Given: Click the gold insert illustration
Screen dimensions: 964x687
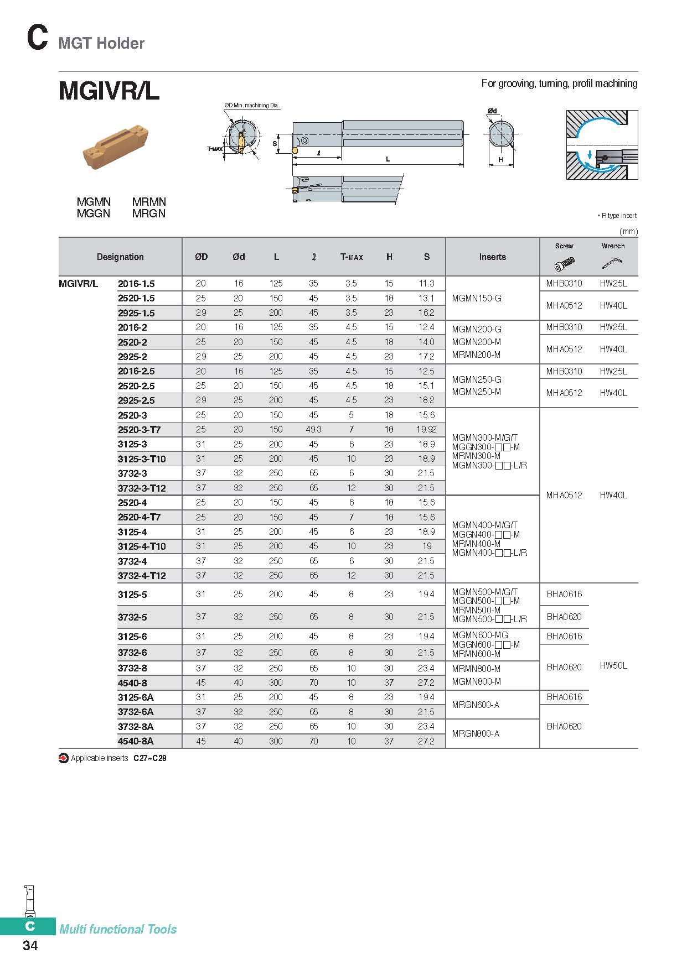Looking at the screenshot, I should pyautogui.click(x=116, y=146).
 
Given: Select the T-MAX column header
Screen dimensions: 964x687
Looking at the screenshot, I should pyautogui.click(x=352, y=257).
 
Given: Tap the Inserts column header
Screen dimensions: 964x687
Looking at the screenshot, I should pyautogui.click(x=492, y=257).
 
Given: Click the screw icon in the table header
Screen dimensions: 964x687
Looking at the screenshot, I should pyautogui.click(x=564, y=263).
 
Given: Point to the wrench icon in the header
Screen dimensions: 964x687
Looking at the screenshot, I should pyautogui.click(x=612, y=263).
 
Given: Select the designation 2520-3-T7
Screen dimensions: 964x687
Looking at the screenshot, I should pyautogui.click(x=139, y=430).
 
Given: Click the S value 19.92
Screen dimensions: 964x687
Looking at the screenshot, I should pyautogui.click(x=426, y=430).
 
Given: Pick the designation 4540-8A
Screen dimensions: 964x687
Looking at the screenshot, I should pyautogui.click(x=136, y=741).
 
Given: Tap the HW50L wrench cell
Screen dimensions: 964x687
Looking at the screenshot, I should pyautogui.click(x=613, y=666).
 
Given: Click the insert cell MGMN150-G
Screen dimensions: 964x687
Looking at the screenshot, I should pyautogui.click(x=477, y=299).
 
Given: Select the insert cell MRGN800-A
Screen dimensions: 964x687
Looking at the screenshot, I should pyautogui.click(x=476, y=734).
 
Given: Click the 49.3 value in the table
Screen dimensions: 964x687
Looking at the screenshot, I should pyautogui.click(x=313, y=430).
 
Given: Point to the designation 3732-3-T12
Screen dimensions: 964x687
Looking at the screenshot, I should pyautogui.click(x=142, y=488).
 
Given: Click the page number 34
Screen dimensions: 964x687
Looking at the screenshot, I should pyautogui.click(x=30, y=946).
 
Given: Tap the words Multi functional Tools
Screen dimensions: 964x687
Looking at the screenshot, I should pyautogui.click(x=118, y=929).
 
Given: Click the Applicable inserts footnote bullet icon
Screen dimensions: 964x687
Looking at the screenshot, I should pyautogui.click(x=64, y=758).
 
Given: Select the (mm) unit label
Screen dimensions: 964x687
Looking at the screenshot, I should pyautogui.click(x=628, y=232).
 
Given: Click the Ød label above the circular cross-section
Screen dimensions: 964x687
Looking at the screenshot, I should pyautogui.click(x=492, y=111).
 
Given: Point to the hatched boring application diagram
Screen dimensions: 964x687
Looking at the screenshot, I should pyautogui.click(x=602, y=145).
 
